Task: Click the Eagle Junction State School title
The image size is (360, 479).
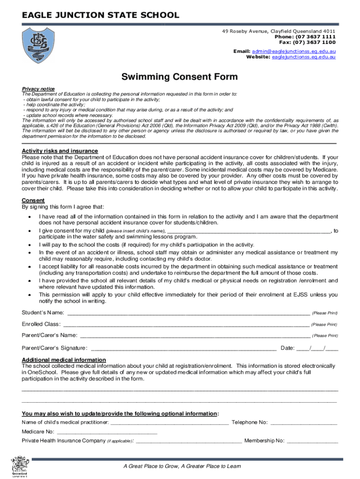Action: pyautogui.click(x=101, y=15)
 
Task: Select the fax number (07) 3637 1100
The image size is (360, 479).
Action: pyautogui.click(x=314, y=42)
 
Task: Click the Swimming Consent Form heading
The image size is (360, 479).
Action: pyautogui.click(x=180, y=77)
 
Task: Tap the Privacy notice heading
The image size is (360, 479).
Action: pyautogui.click(x=38, y=89)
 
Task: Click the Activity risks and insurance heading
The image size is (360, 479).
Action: pyautogui.click(x=60, y=151)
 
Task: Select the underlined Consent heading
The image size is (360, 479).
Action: pyautogui.click(x=34, y=200)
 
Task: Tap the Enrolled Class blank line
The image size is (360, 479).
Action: pyautogui.click(x=186, y=325)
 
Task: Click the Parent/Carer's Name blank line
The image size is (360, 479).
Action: pyautogui.click(x=195, y=336)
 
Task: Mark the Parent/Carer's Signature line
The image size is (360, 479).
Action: pyautogui.click(x=183, y=348)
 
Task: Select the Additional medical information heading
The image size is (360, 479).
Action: pyautogui.click(x=64, y=360)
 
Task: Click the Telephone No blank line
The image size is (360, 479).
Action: pyautogui.click(x=304, y=423)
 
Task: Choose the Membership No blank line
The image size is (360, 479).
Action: pyautogui.click(x=312, y=441)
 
